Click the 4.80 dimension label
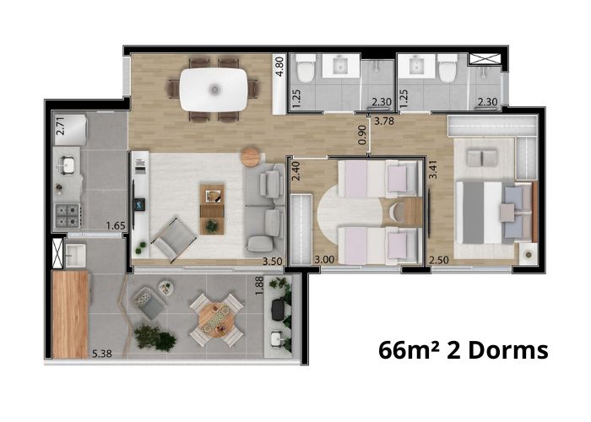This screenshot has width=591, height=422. pyautogui.click(x=279, y=67)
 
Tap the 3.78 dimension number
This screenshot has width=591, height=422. pyautogui.click(x=383, y=121)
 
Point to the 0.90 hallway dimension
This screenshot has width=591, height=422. pyautogui.click(x=362, y=134)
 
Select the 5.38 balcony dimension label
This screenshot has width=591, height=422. pyautogui.click(x=102, y=354)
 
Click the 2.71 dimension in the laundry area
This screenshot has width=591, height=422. pyautogui.click(x=60, y=126)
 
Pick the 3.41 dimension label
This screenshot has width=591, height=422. pyautogui.click(x=432, y=170)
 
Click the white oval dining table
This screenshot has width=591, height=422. pyautogui.click(x=214, y=89)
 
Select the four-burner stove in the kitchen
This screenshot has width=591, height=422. pyautogui.click(x=68, y=215)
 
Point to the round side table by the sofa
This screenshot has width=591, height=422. pyautogui.click(x=251, y=156)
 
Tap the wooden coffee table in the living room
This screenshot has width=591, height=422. pyautogui.click(x=212, y=209)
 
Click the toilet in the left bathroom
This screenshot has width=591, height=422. pyautogui.click(x=306, y=69)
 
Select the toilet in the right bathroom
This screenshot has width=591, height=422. pyautogui.click(x=447, y=69)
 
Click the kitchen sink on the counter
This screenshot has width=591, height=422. pyautogui.click(x=68, y=165)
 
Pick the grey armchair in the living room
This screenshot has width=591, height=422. pyautogui.click(x=174, y=239)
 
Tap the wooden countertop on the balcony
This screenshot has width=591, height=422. pyautogui.click(x=70, y=314)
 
